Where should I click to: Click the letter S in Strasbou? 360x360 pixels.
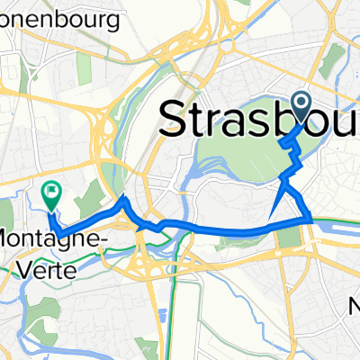pos(173,119)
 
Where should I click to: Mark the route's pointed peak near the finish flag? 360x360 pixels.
pos(123,198)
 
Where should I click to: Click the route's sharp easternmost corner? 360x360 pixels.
pos(311,219)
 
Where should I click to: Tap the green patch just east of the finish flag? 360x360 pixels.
pos(82,194)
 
